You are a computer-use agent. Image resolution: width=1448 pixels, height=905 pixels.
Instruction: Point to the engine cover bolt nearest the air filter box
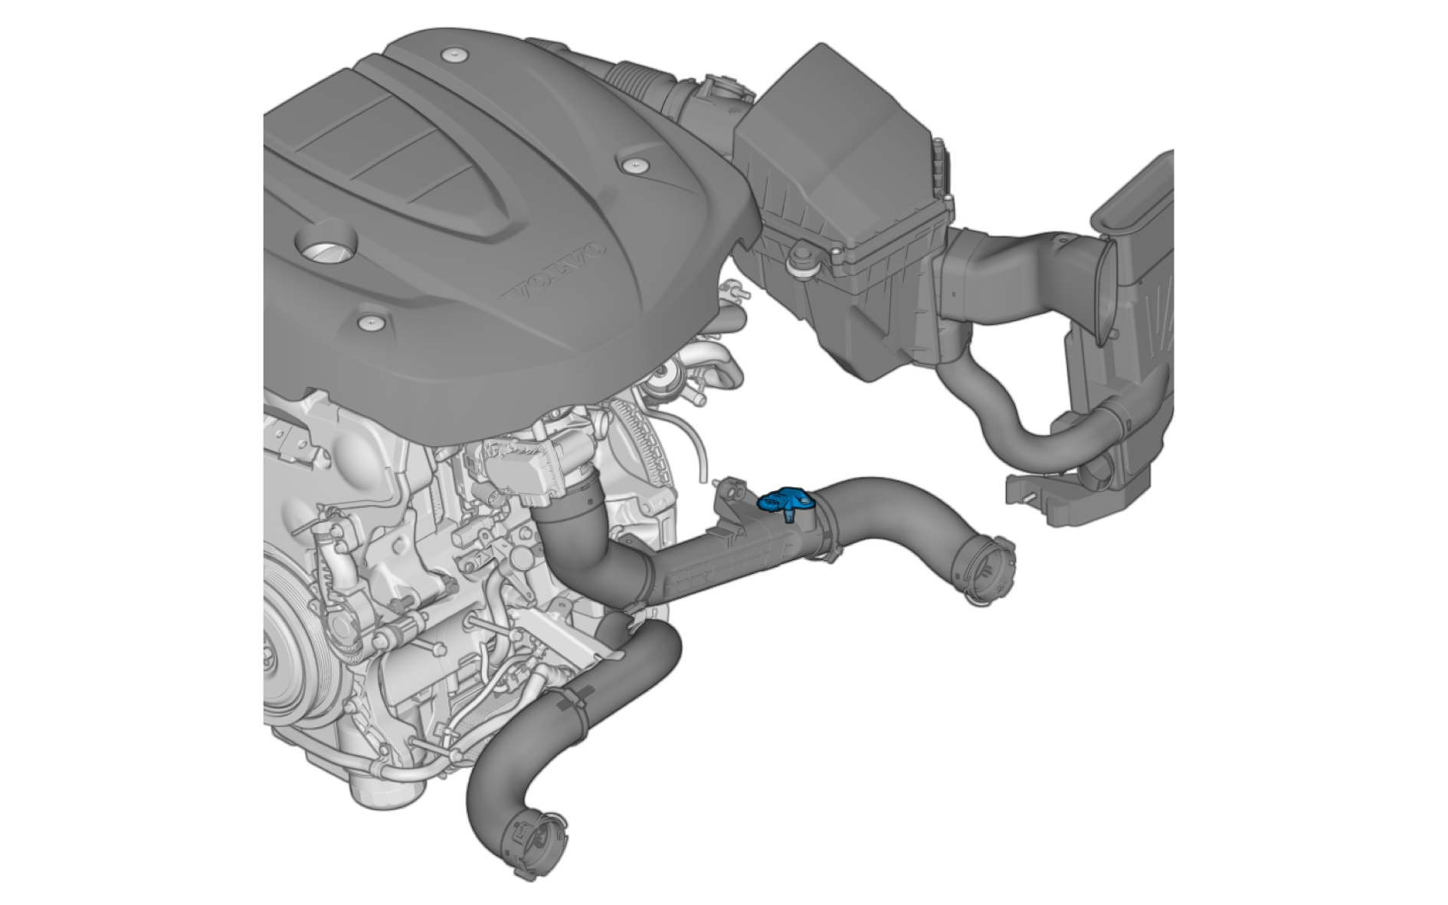[x=634, y=166]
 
